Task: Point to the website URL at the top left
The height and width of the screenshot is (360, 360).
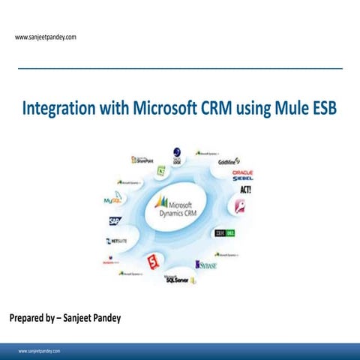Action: [x=45, y=37]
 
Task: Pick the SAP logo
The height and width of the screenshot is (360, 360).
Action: [x=114, y=221]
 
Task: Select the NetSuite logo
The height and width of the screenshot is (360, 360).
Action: [x=118, y=242]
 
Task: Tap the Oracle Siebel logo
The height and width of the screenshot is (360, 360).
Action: [x=242, y=176]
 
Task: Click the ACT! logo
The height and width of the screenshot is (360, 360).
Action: [x=244, y=190]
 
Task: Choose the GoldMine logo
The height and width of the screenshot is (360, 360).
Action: [x=229, y=161]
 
